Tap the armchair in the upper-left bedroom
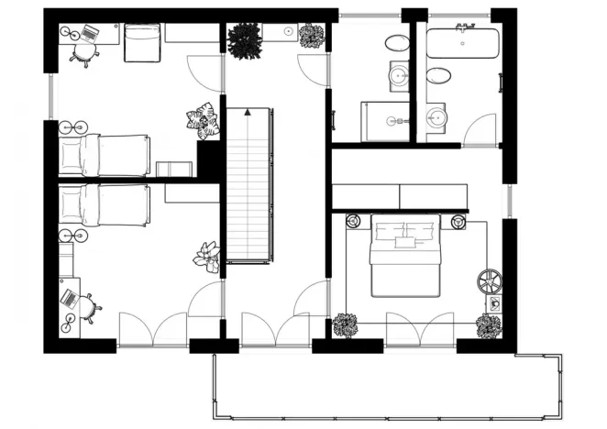142,42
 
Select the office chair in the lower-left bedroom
88,307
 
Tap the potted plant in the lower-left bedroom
207,257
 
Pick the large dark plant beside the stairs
244,41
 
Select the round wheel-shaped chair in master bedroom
489,280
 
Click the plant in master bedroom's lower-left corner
346,324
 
